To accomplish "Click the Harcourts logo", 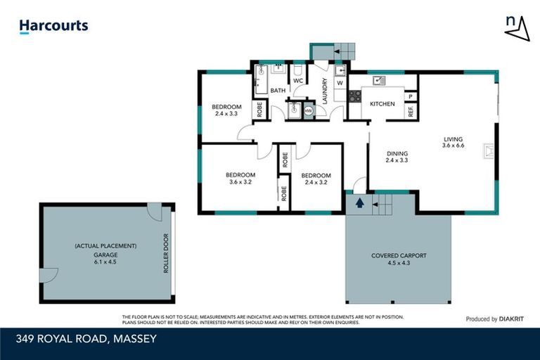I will [x=53, y=26].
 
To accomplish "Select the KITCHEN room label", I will [x=382, y=104].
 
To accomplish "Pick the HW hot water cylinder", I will [x=307, y=110].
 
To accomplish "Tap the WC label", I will [x=297, y=81].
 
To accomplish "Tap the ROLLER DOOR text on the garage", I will [x=167, y=252].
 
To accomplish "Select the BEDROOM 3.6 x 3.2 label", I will [x=240, y=178].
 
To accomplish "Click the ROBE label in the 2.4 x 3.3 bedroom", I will [x=259, y=110].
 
